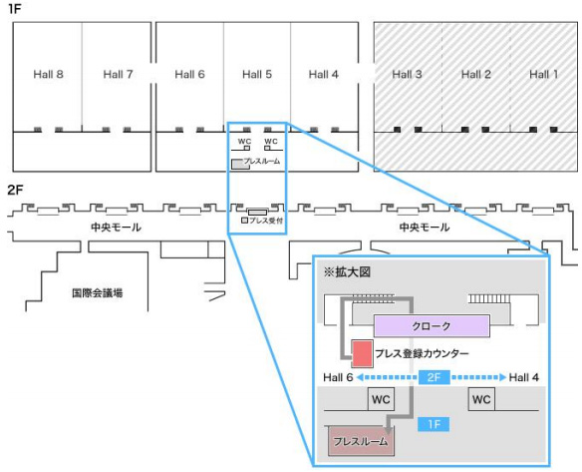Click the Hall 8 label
[x=48, y=74]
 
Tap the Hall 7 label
[x=118, y=74]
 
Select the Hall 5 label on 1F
[x=257, y=74]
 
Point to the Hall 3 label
[x=408, y=74]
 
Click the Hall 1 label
[x=544, y=74]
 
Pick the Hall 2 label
[x=475, y=74]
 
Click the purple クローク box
[x=432, y=326]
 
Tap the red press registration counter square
[x=363, y=354]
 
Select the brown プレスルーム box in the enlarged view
[x=361, y=441]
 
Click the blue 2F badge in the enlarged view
[x=434, y=377]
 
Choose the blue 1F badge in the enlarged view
[x=434, y=424]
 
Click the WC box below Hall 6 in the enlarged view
[x=381, y=399]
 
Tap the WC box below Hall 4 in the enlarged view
[x=481, y=399]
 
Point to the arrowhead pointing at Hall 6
[x=360, y=377]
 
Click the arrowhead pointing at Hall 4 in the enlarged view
[x=503, y=377]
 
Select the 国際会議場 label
[x=98, y=293]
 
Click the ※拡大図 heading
[x=347, y=272]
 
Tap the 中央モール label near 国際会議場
[x=117, y=228]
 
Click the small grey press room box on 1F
[x=240, y=165]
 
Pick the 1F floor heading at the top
[x=14, y=9]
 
